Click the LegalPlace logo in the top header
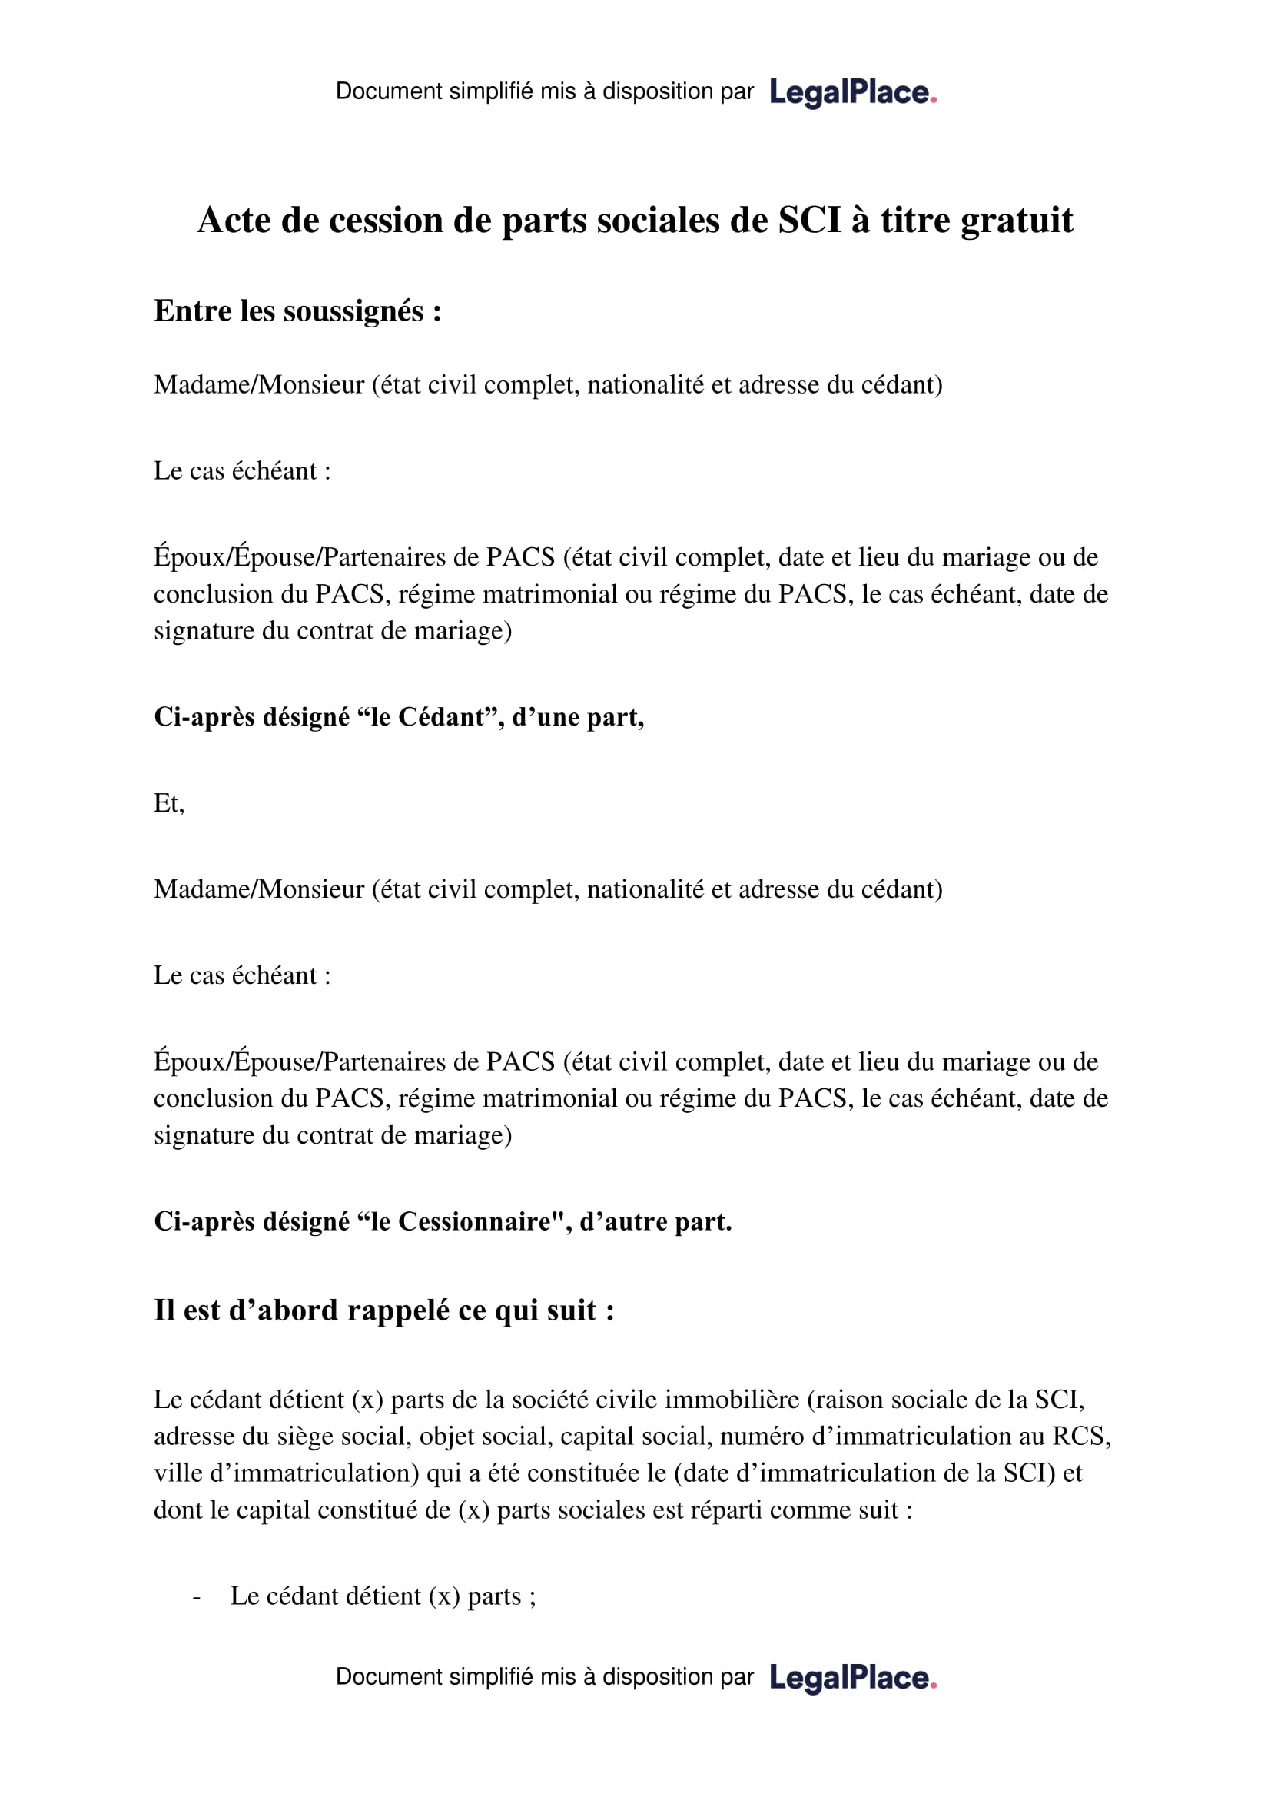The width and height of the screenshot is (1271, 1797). (x=852, y=92)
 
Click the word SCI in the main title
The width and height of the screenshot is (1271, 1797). (x=809, y=220)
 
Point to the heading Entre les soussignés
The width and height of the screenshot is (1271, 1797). (x=297, y=311)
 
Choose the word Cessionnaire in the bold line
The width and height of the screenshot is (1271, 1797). (x=474, y=1222)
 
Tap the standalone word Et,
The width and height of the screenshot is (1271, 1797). (x=169, y=803)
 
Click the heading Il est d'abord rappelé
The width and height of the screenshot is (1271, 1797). (x=383, y=1310)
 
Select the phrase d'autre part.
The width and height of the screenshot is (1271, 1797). (x=655, y=1222)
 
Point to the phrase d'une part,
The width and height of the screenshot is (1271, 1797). (x=578, y=717)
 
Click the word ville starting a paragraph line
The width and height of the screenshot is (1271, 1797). (x=178, y=1473)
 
